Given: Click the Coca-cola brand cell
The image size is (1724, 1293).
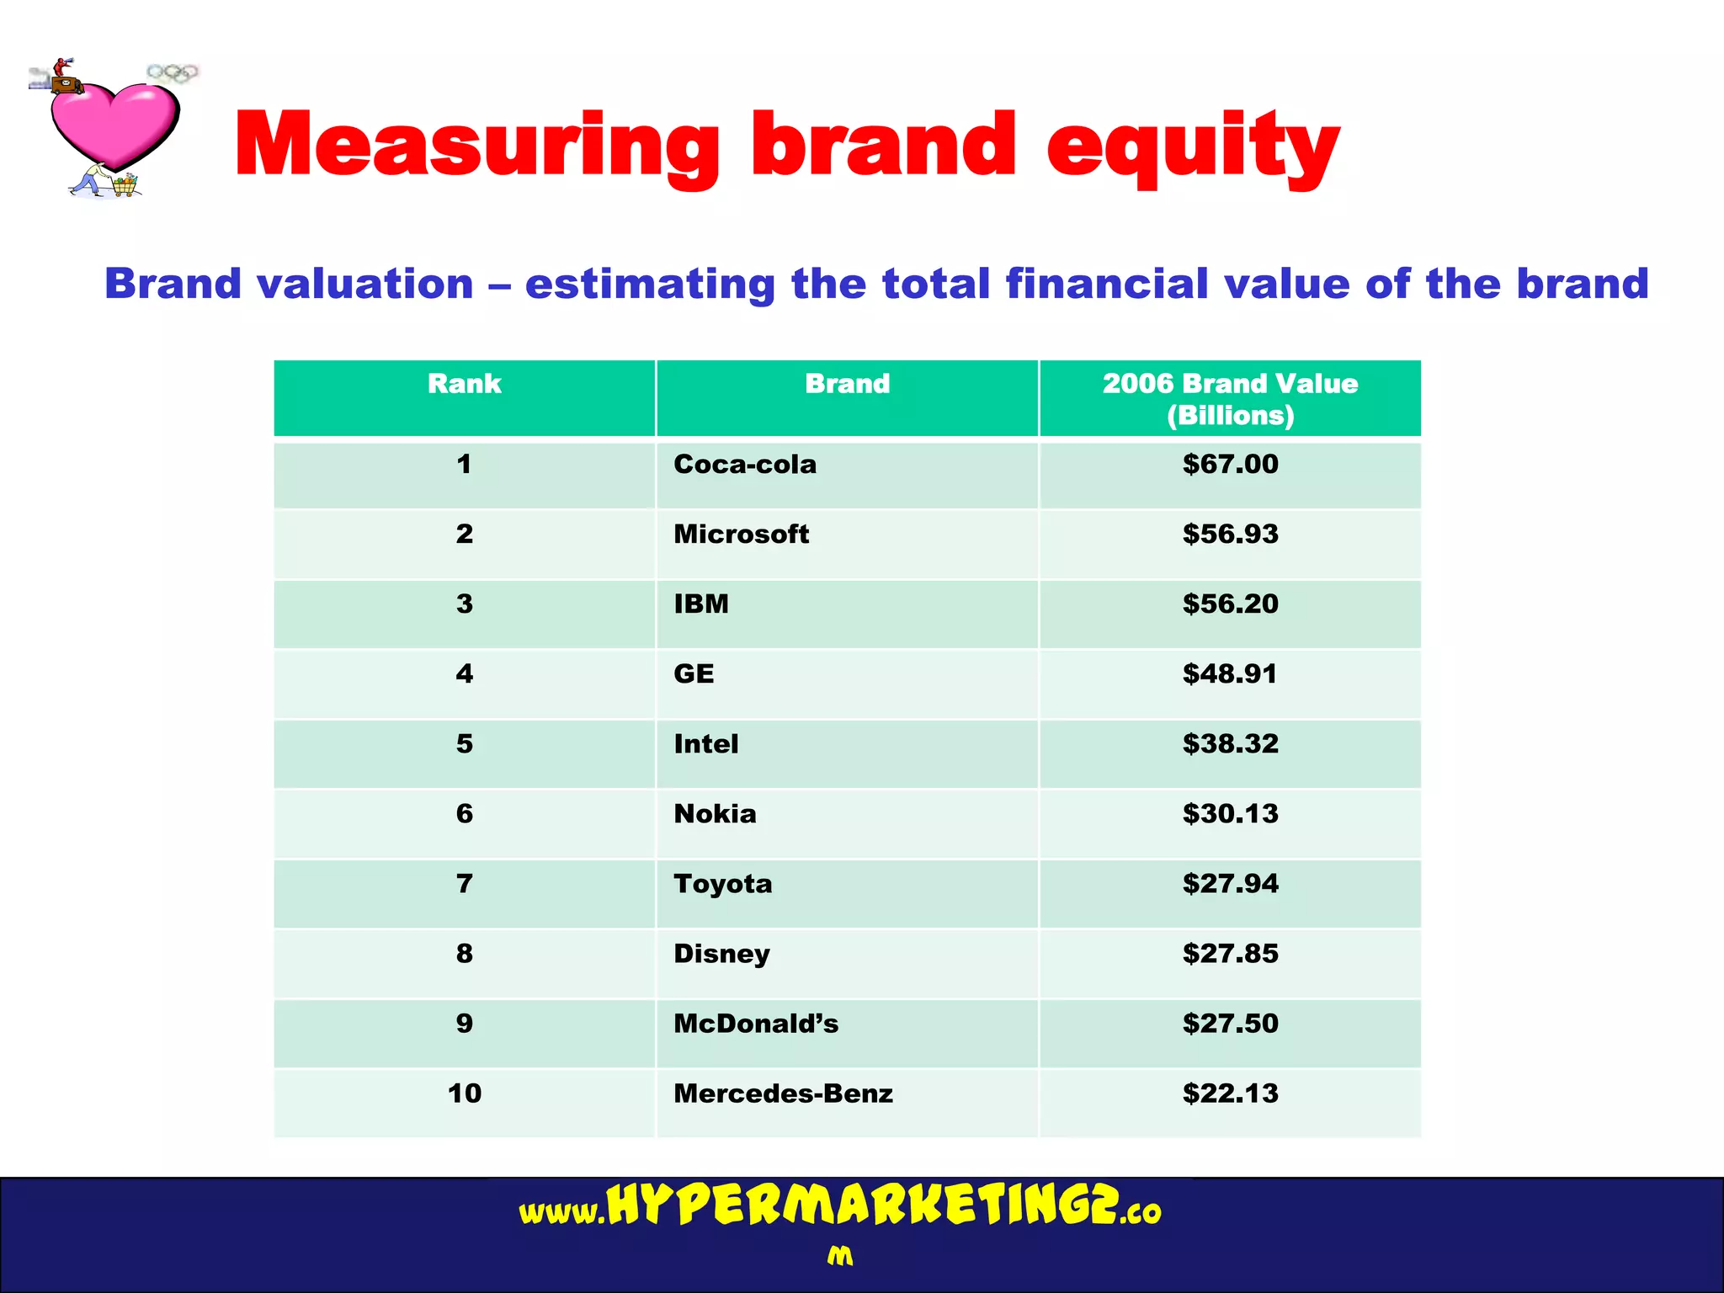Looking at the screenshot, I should coord(745,465).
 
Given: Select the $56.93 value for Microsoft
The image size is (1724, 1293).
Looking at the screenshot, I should coord(1230,535).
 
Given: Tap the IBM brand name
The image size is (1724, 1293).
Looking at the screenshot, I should coord(701,604).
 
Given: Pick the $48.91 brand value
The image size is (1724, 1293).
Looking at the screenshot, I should coord(1230,674).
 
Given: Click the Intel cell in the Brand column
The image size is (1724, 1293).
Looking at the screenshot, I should coord(706,744).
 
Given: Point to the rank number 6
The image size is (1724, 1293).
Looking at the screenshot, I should coord(464,814).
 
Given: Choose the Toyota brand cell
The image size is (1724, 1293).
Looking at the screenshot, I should coord(722,884).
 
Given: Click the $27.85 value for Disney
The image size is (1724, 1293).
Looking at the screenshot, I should coord(1230,954).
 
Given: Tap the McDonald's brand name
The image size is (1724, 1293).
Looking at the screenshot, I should coord(756,1024).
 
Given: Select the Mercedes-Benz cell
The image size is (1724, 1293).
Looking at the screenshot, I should coord(783,1093).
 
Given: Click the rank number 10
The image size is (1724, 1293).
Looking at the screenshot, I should coord(464,1093).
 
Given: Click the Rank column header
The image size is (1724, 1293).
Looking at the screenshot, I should coord(464,384).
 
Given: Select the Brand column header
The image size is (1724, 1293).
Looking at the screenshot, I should coord(847,384).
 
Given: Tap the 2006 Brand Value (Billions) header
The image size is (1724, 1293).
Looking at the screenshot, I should coord(1230,399).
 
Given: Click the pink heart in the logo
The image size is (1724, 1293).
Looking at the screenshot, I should coord(114,125).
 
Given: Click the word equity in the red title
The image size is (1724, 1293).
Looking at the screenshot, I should coord(1193,146).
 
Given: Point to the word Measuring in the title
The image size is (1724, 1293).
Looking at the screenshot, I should coord(476,146).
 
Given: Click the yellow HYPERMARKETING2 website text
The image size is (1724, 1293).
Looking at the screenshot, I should coord(862,1205).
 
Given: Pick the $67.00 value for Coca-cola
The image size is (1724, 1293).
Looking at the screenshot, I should coord(1230,465).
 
